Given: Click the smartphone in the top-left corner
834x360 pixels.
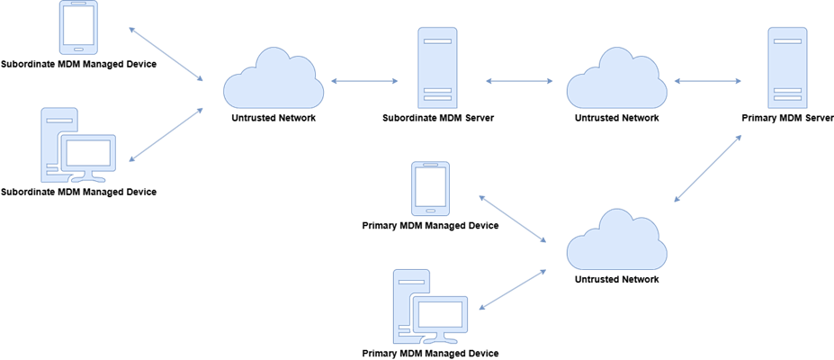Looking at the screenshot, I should pyautogui.click(x=78, y=27).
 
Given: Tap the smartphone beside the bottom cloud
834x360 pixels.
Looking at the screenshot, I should pyautogui.click(x=430, y=188).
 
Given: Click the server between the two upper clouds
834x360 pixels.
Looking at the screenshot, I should pyautogui.click(x=437, y=67).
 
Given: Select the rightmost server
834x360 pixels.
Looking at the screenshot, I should pyautogui.click(x=787, y=67).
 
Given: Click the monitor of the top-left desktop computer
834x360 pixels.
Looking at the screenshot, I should pyautogui.click(x=87, y=154).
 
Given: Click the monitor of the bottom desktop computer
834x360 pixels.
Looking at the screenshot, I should pyautogui.click(x=440, y=315).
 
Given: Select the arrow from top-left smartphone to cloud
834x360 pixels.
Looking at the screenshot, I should pyautogui.click(x=166, y=54).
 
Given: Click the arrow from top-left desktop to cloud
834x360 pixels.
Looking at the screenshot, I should pyautogui.click(x=166, y=135).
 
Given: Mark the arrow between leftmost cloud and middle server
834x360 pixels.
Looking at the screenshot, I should pyautogui.click(x=364, y=81).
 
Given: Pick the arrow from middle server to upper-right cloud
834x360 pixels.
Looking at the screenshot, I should pyautogui.click(x=520, y=81).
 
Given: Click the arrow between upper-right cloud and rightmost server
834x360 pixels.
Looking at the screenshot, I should pyautogui.click(x=708, y=81).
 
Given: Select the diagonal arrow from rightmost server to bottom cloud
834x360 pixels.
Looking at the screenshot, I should pyautogui.click(x=708, y=168).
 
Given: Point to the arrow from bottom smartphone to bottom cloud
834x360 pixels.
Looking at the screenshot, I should pyautogui.click(x=513, y=219).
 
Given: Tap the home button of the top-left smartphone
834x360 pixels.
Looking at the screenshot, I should pyautogui.click(x=78, y=48).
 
